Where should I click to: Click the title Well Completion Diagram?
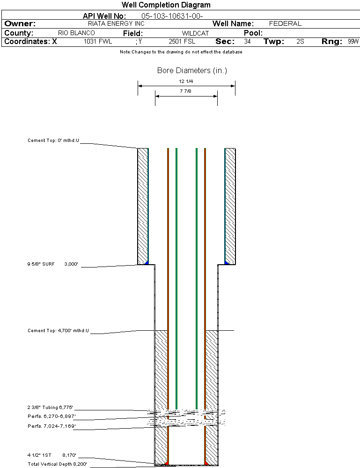pyautogui.click(x=166, y=5)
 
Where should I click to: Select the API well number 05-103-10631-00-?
pyautogui.click(x=172, y=16)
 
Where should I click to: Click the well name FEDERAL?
pyautogui.click(x=285, y=23)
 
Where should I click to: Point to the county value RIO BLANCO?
pyautogui.click(x=76, y=33)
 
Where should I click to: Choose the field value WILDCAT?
pyautogui.click(x=195, y=33)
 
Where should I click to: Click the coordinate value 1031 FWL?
pyautogui.click(x=98, y=42)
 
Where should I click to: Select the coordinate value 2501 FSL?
pyautogui.click(x=182, y=42)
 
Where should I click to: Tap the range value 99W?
pyautogui.click(x=353, y=42)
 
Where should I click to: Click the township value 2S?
pyautogui.click(x=301, y=42)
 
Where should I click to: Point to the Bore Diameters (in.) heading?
pyautogui.click(x=192, y=71)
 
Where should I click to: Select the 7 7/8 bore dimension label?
pyautogui.click(x=186, y=91)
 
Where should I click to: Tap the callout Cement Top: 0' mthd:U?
pyautogui.click(x=53, y=141)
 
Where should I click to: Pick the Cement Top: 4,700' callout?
pyautogui.click(x=58, y=331)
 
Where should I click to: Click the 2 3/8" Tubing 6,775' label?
pyautogui.click(x=51, y=408)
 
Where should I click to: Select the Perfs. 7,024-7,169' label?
pyautogui.click(x=51, y=426)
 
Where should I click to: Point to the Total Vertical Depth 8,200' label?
pyautogui.click(x=57, y=464)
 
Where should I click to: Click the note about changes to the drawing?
pyautogui.click(x=181, y=52)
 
